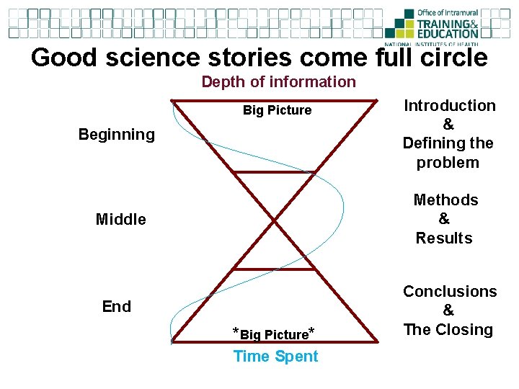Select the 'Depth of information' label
(278, 81)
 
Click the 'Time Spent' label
(275, 357)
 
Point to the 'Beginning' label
(116, 135)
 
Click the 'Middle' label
(120, 219)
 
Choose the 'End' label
(117, 306)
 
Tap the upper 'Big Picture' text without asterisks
(277, 110)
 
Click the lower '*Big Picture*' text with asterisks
(273, 334)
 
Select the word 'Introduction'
(449, 106)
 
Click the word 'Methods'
(445, 200)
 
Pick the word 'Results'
(444, 238)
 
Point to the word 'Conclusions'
(449, 291)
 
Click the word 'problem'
(448, 162)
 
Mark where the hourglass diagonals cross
(277, 220)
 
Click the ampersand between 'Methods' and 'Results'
(444, 219)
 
